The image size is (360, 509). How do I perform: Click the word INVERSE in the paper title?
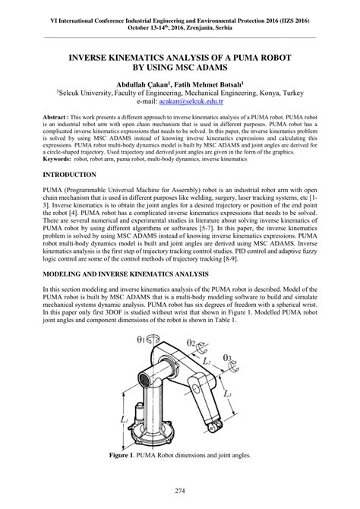[95, 56]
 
